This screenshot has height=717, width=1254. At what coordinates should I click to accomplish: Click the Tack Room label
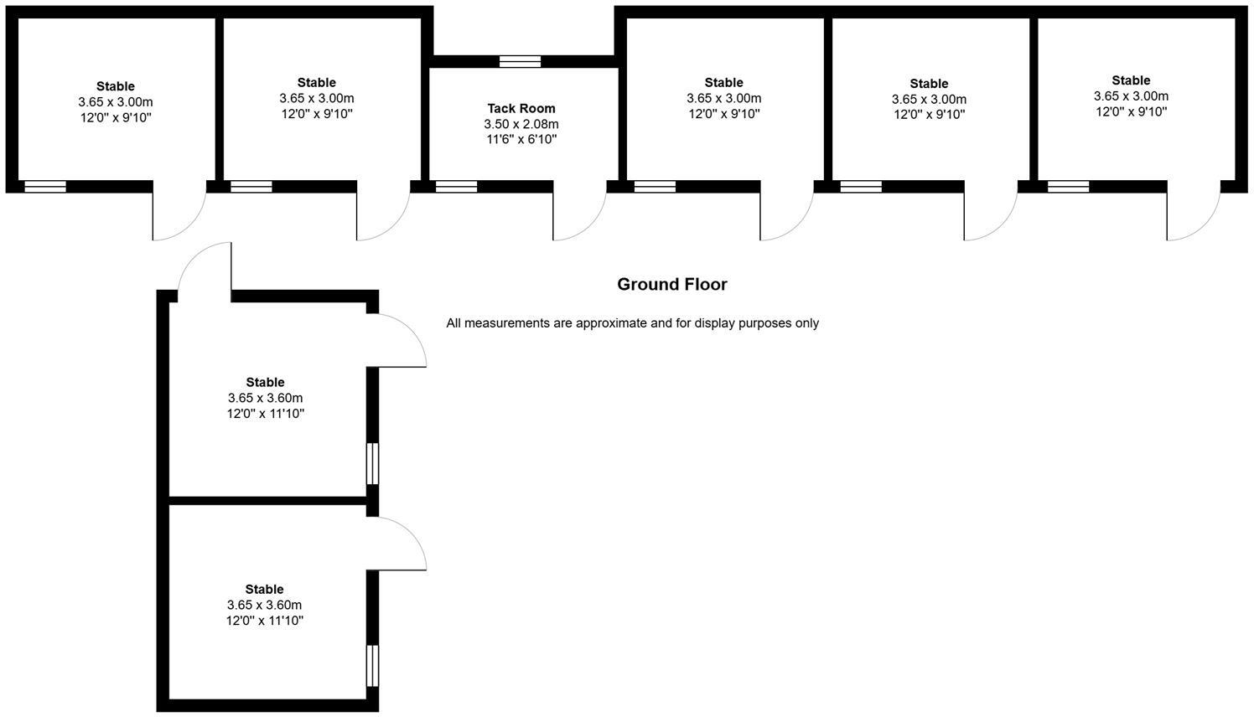click(x=521, y=108)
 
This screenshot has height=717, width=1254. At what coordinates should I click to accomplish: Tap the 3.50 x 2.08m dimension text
click(x=521, y=124)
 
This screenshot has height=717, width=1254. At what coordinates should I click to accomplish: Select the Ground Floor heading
click(x=672, y=284)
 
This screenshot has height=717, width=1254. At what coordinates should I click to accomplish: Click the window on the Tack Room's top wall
click(x=520, y=61)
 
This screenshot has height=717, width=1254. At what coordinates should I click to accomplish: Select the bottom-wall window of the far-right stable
click(x=1068, y=187)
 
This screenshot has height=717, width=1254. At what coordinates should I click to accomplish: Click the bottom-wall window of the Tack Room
click(x=456, y=187)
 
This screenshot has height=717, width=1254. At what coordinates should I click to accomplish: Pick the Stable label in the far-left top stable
click(x=116, y=86)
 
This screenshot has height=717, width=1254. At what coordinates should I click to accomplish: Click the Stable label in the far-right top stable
click(x=1131, y=80)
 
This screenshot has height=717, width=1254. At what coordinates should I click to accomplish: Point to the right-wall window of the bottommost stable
click(x=373, y=666)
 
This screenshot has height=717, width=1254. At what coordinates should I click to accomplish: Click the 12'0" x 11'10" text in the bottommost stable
click(x=265, y=621)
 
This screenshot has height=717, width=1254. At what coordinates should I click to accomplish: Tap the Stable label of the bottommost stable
click(x=265, y=589)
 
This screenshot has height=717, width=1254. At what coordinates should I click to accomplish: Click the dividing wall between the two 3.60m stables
click(x=268, y=501)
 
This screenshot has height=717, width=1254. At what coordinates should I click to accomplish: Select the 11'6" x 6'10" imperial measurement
click(x=521, y=139)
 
